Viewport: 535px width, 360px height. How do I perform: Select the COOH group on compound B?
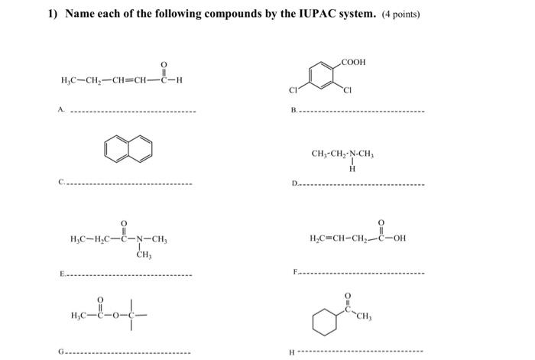[355, 61]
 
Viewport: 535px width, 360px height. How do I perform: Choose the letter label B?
[293, 111]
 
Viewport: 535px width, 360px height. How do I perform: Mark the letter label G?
[60, 352]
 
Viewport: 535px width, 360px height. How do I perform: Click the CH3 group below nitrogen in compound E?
[142, 255]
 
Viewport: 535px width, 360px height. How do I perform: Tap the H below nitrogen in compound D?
[352, 169]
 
